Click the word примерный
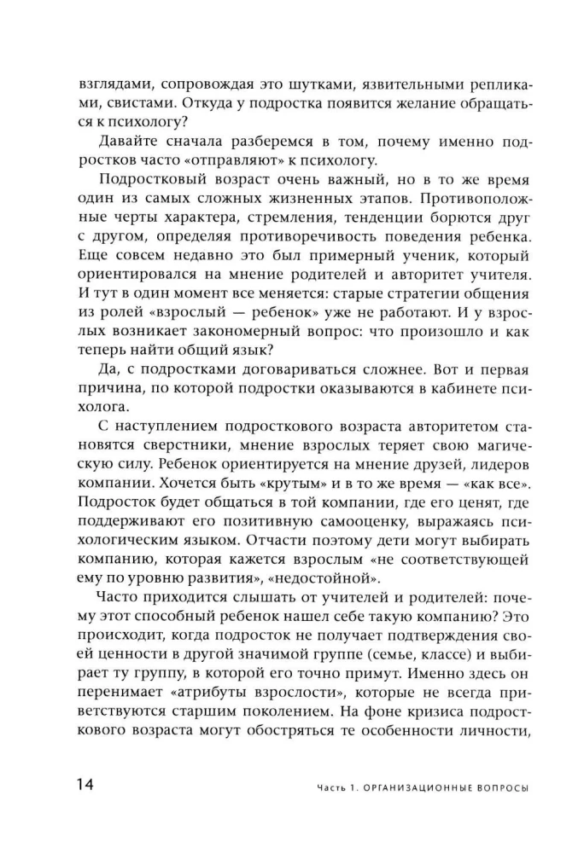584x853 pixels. click(x=342, y=259)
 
